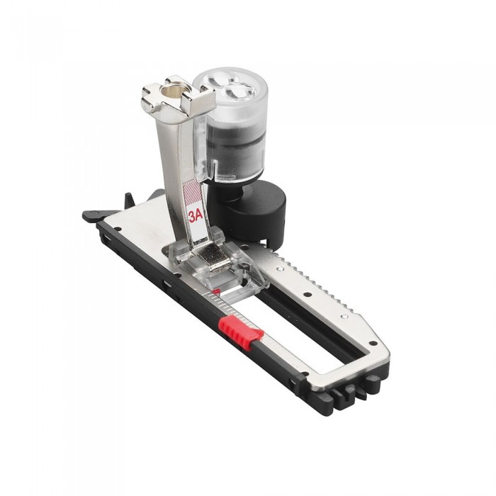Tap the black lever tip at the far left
click(89, 212)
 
